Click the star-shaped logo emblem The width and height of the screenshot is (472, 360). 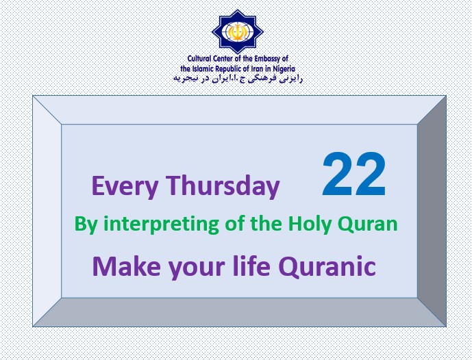238,32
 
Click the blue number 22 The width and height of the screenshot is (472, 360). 354,175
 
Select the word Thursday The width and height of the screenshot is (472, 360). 223,186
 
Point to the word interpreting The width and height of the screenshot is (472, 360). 161,224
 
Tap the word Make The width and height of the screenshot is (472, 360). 127,266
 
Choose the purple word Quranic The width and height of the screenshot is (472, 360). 327,266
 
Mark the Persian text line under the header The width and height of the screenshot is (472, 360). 238,79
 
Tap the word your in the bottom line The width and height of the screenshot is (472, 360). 197,268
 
